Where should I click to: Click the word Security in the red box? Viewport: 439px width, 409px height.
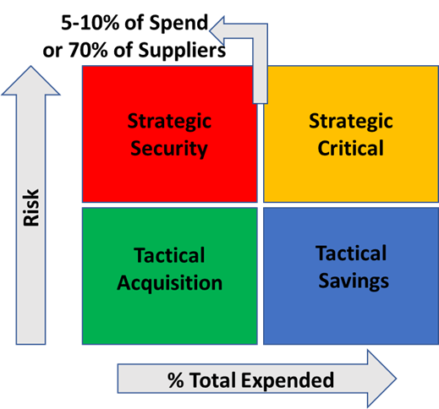pos(169,149)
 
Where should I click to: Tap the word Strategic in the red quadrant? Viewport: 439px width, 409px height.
pos(169,122)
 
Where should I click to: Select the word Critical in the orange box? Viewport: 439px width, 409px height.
pos(351,148)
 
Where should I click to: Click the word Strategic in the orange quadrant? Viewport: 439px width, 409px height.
pos(351,122)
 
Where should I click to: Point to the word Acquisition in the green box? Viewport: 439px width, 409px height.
pos(170,283)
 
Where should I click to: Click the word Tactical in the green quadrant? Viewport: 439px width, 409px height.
pos(169,255)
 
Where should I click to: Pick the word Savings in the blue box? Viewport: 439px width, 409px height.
pos(354,281)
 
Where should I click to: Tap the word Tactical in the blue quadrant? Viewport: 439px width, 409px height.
pos(351,254)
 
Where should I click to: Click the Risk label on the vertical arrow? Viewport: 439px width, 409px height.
pos(31,208)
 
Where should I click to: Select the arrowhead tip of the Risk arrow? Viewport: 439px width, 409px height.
pos(30,66)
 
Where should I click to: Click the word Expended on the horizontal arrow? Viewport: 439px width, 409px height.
pos(288,381)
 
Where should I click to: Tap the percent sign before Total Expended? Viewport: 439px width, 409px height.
pos(176,380)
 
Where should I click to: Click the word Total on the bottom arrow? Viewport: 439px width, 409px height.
pos(213,380)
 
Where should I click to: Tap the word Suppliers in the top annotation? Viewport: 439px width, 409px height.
pos(182,51)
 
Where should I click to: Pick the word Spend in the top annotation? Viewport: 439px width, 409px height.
pos(178,24)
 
